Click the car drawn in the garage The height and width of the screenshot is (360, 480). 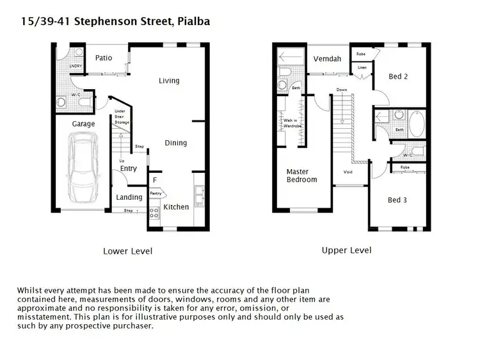click(83, 165)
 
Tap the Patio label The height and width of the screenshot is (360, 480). click(104, 58)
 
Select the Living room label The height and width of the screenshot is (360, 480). click(169, 81)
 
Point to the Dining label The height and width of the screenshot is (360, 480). click(175, 143)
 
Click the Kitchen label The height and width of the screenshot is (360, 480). click(176, 207)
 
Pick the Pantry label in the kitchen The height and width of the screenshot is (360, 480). click(156, 193)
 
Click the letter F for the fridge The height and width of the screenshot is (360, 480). click(154, 181)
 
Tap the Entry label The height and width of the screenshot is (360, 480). click(129, 169)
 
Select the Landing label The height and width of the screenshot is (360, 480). click(129, 197)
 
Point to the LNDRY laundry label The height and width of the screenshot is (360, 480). click(76, 65)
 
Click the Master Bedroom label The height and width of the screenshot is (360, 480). click(301, 176)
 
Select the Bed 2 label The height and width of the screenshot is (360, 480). click(398, 77)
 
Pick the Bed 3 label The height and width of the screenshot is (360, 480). click(397, 200)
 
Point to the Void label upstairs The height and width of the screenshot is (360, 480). click(348, 172)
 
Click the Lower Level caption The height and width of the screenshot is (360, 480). click(127, 251)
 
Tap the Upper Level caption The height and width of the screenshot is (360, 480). click(346, 250)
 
